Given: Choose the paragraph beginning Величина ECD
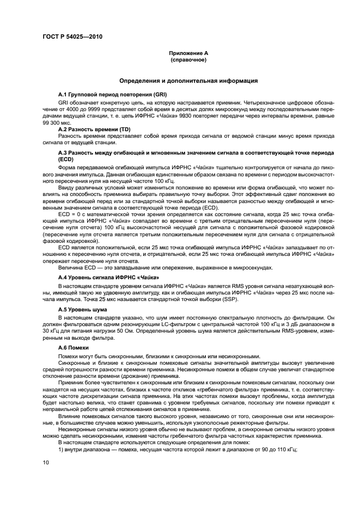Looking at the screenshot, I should pos(163,267).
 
